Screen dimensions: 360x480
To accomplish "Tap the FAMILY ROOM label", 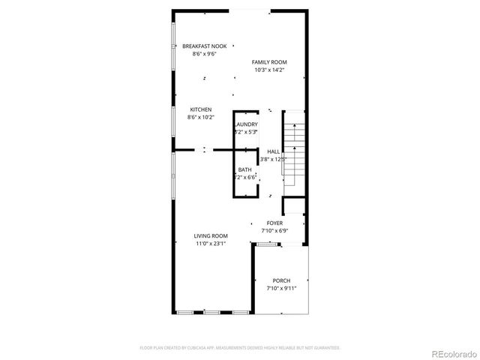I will (269, 62).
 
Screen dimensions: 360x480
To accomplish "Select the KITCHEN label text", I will (200, 109).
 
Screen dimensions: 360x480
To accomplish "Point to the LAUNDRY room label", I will (246, 124).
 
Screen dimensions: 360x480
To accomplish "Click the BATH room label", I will (245, 169).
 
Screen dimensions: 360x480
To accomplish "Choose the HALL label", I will (274, 151).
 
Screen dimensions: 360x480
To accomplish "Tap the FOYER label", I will (274, 223).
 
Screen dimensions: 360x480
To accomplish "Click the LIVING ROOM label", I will (211, 235).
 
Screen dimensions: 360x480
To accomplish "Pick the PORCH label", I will (282, 280).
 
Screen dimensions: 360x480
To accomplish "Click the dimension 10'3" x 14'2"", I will (269, 70).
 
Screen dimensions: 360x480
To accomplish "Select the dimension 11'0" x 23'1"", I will (211, 243).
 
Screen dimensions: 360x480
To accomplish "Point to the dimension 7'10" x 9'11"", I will (282, 288).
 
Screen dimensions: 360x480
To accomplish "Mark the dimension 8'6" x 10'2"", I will (200, 117).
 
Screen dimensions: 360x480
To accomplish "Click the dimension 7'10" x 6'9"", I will (274, 231).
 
